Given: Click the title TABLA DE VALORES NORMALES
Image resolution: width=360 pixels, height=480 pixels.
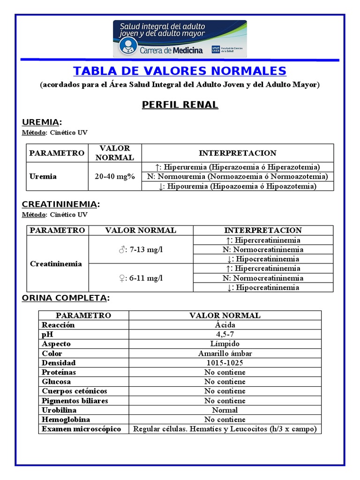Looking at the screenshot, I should (180, 71).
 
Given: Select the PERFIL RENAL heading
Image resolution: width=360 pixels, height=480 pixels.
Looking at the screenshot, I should (180, 105).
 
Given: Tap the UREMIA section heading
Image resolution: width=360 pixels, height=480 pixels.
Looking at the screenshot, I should (42, 122).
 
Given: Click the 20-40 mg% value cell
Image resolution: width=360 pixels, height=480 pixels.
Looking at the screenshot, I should (114, 177).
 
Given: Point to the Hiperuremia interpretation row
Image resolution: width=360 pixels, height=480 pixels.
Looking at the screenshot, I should (237, 167).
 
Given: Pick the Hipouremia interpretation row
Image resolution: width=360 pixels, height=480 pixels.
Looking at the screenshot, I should (237, 186).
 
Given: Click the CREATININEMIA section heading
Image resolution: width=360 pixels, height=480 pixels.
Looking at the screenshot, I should (60, 204).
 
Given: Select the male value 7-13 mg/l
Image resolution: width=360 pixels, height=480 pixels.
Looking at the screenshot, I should (141, 249).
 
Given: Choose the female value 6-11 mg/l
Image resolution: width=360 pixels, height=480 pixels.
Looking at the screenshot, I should (141, 278).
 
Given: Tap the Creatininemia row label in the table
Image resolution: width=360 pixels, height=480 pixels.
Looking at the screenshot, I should (56, 264).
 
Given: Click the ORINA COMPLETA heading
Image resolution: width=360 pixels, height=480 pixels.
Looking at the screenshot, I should (66, 298).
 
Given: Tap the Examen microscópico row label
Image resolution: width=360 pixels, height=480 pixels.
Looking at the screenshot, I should (81, 429).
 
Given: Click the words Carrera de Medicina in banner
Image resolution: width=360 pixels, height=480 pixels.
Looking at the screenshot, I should (171, 50).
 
